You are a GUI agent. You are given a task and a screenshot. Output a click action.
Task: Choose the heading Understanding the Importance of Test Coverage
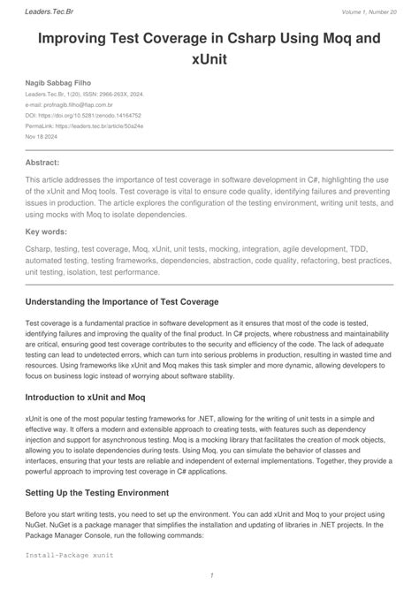click(x=121, y=301)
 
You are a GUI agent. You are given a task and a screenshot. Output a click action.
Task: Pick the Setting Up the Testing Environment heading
click(x=112, y=493)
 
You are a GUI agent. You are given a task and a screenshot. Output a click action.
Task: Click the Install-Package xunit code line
click(x=70, y=556)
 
